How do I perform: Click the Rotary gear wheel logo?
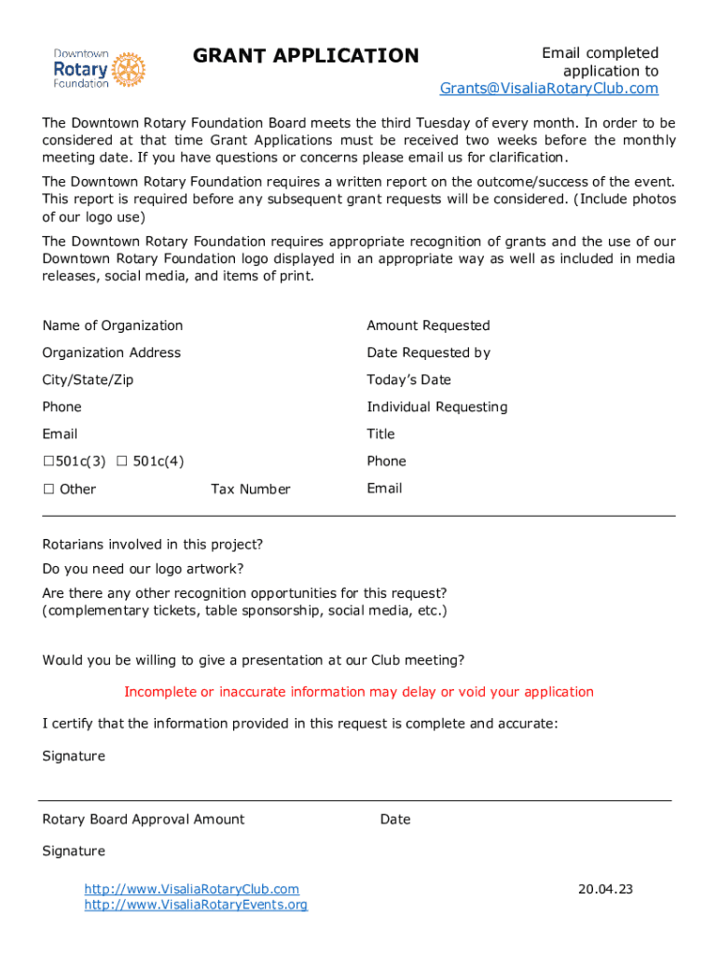click(x=129, y=70)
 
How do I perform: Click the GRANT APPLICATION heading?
click(x=306, y=56)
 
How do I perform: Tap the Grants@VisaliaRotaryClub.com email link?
click(x=549, y=89)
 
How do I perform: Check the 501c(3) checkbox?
click(x=48, y=462)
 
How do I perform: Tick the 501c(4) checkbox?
click(x=121, y=462)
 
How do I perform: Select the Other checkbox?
click(x=48, y=490)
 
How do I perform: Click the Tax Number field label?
click(x=250, y=490)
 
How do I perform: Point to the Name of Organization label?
click(x=112, y=325)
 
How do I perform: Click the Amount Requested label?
click(x=428, y=325)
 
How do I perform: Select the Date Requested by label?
click(x=428, y=353)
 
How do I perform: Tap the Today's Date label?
click(x=408, y=380)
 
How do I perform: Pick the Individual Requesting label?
click(x=436, y=407)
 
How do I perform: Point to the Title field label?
click(x=380, y=434)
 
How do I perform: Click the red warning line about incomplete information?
click(x=359, y=692)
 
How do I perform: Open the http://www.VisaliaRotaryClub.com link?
click(x=192, y=890)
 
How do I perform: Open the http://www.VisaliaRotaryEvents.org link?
click(x=196, y=905)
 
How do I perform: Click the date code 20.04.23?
click(x=605, y=890)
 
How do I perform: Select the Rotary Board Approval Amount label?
click(x=144, y=820)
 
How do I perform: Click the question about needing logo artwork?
click(x=144, y=569)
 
